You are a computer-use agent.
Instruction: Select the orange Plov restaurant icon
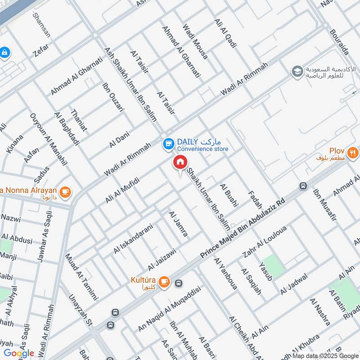click(353, 153)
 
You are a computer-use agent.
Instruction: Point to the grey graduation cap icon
click(297, 71)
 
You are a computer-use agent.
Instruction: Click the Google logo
click(19, 353)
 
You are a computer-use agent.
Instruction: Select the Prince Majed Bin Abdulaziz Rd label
click(243, 229)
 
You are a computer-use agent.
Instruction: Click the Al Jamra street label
click(178, 224)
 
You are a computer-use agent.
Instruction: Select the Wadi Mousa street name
click(195, 42)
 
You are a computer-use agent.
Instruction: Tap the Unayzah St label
click(80, 310)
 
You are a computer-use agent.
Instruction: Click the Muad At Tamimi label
click(81, 277)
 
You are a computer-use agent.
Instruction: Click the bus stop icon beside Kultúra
click(179, 283)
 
